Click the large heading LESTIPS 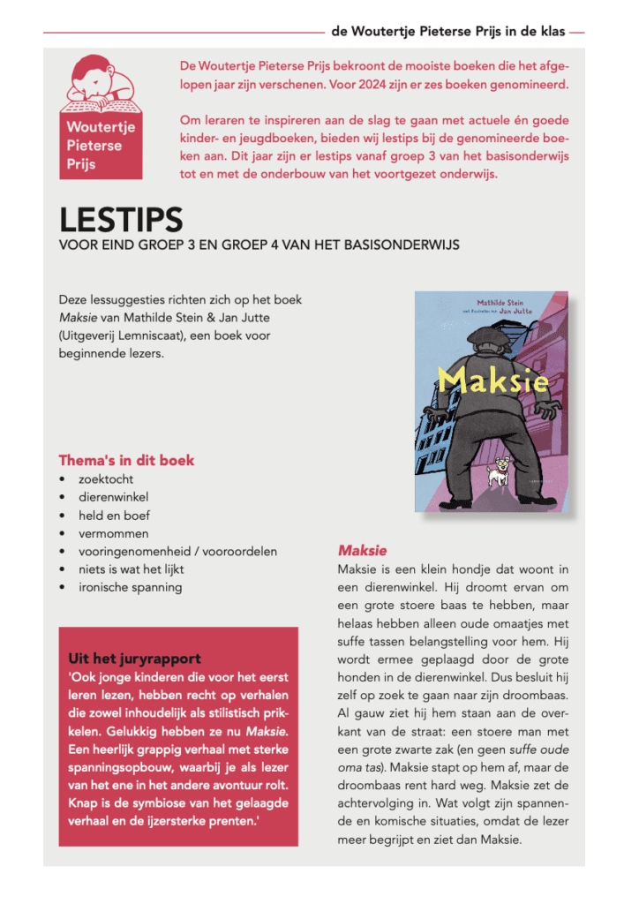coord(121,220)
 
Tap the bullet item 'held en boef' coord(114,516)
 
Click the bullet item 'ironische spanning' coord(130,586)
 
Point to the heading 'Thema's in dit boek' coord(126,460)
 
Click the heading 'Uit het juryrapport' coord(134,658)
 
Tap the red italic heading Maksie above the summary coord(362,550)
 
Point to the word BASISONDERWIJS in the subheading coord(402,244)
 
